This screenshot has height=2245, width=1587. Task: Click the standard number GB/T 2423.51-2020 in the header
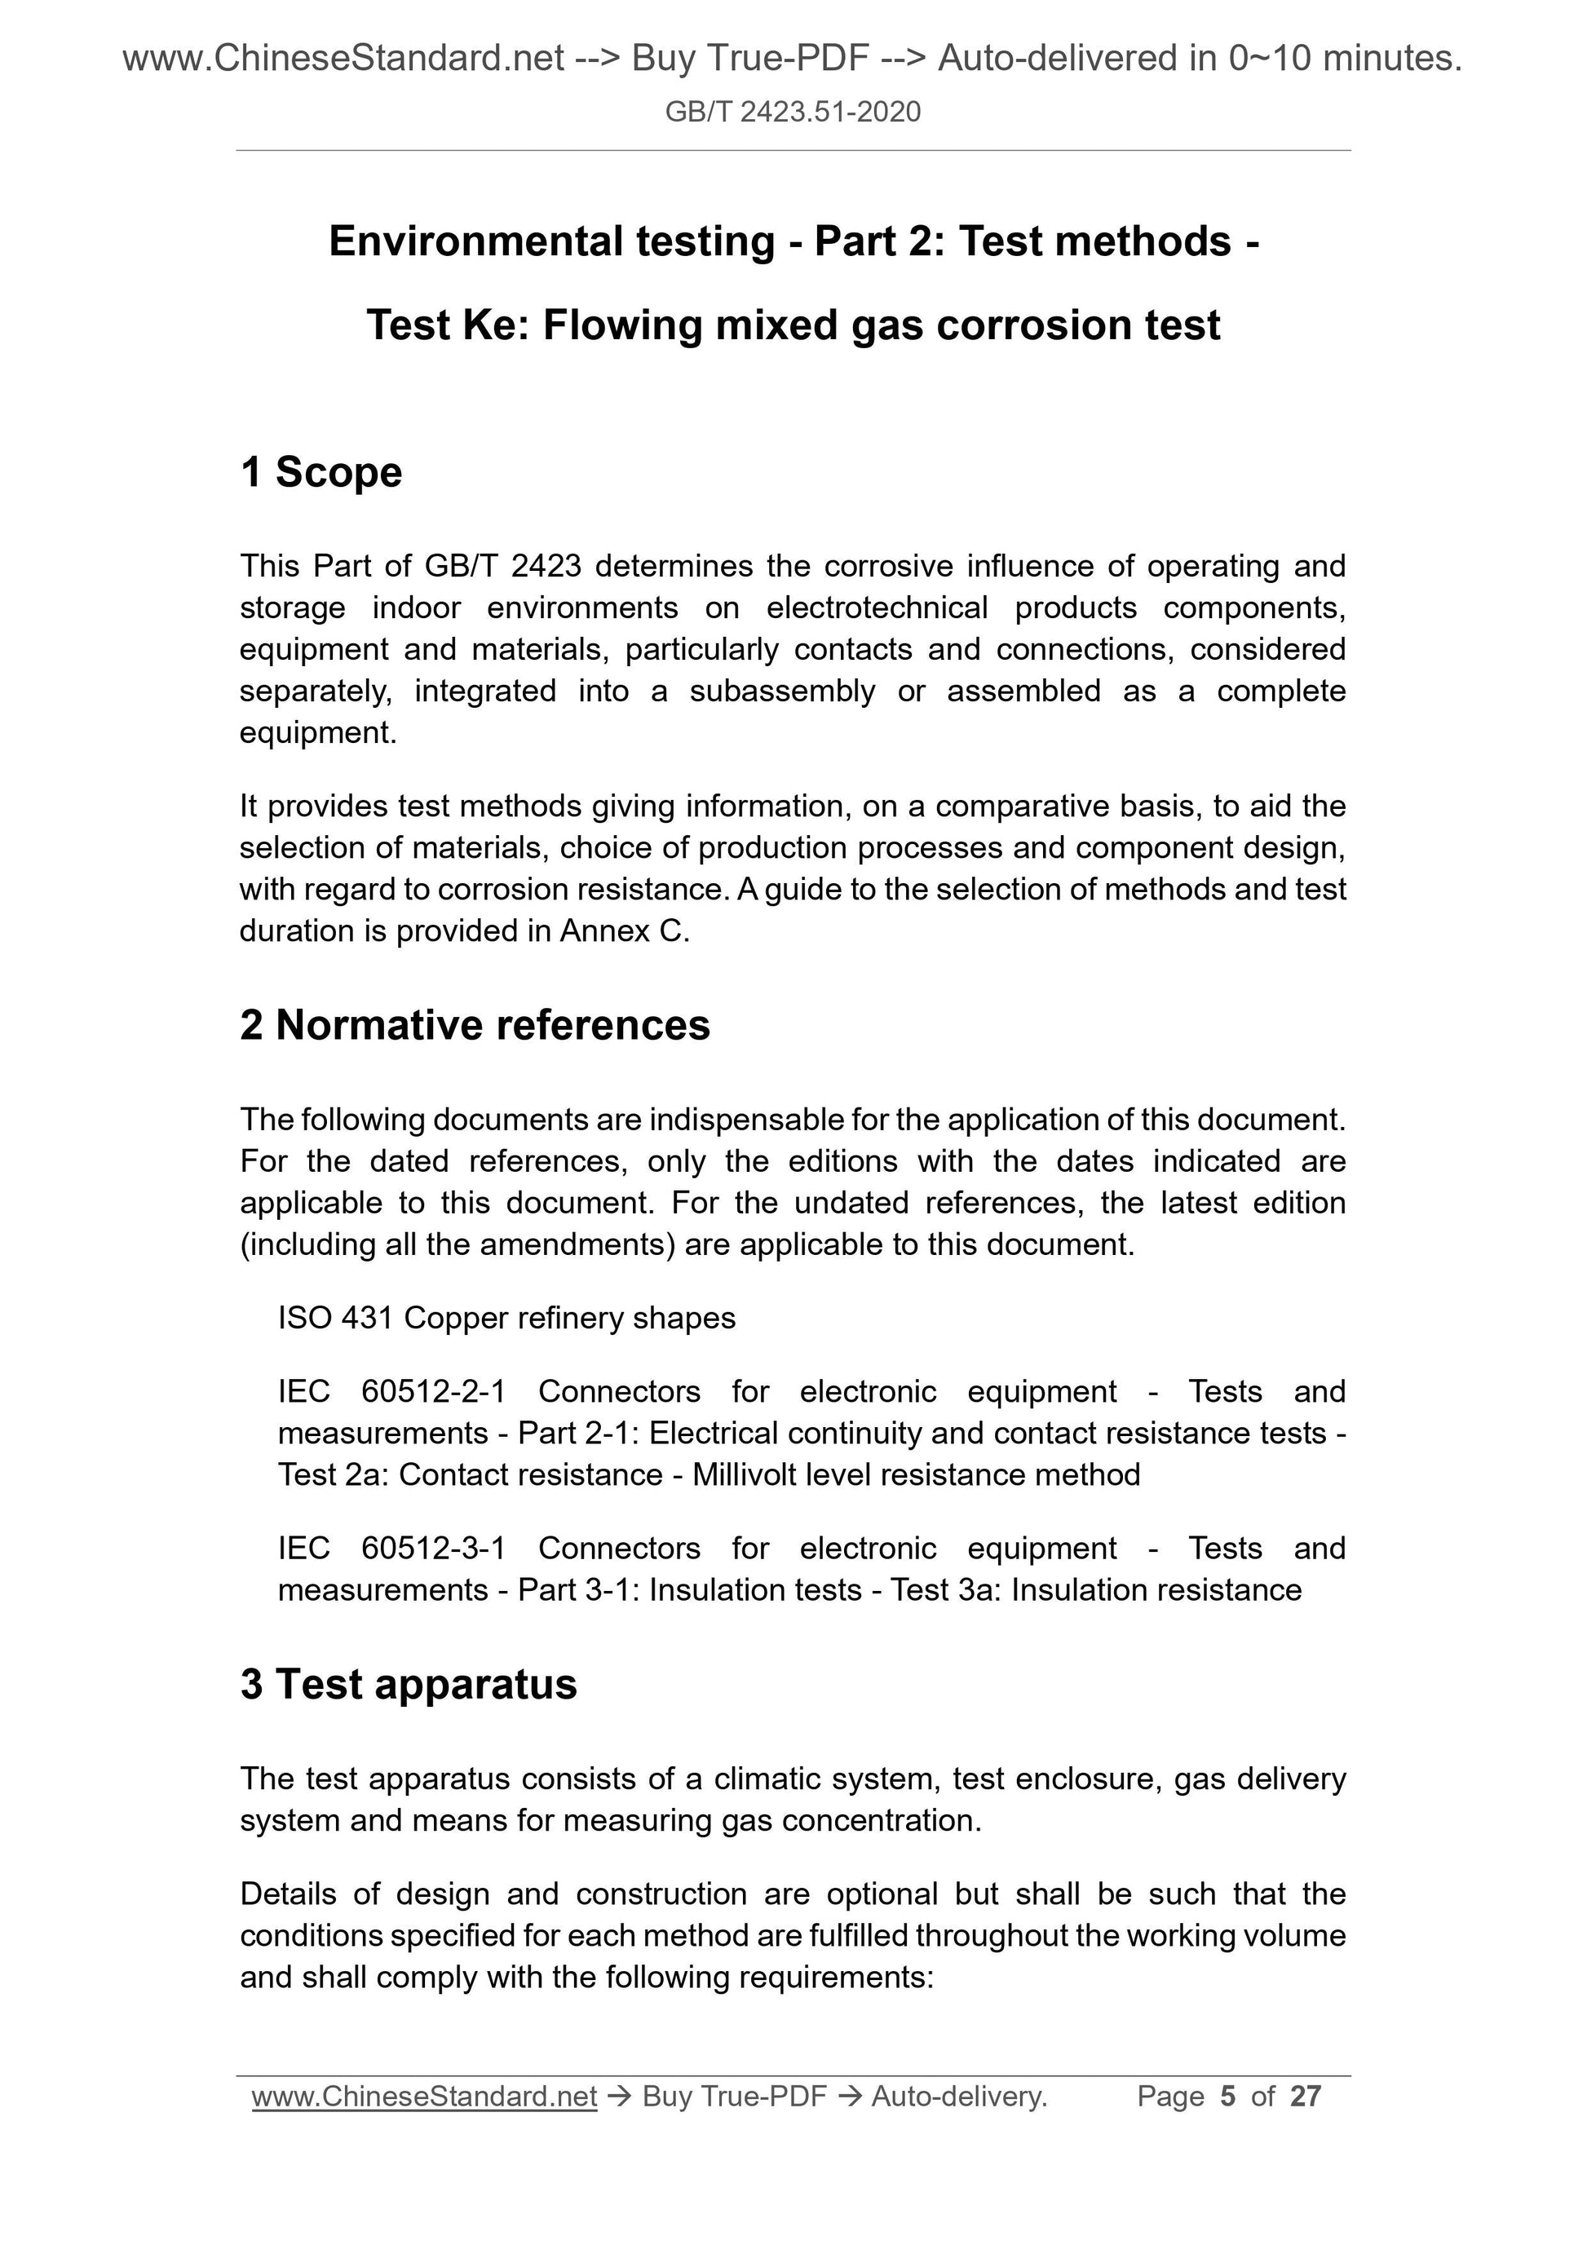pos(792,113)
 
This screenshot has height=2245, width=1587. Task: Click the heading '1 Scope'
pos(320,472)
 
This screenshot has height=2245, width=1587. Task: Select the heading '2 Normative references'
pos(475,1025)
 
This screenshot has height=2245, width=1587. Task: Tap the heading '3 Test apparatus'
pos(408,1684)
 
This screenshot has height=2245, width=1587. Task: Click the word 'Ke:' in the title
pos(496,325)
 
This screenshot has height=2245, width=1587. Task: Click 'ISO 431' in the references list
pos(335,1318)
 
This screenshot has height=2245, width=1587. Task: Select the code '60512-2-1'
pos(433,1390)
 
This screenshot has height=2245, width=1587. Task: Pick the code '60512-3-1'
pos(433,1548)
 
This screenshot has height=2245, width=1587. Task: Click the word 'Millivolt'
pos(744,1474)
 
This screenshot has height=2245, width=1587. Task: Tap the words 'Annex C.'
pos(625,930)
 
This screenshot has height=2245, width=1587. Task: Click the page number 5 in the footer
pos(1228,2097)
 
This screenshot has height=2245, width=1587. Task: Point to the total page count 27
pos(1306,2097)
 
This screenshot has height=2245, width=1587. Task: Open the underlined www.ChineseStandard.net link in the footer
pos(424,2097)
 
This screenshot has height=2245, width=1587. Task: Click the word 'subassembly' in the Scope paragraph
pos(781,692)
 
